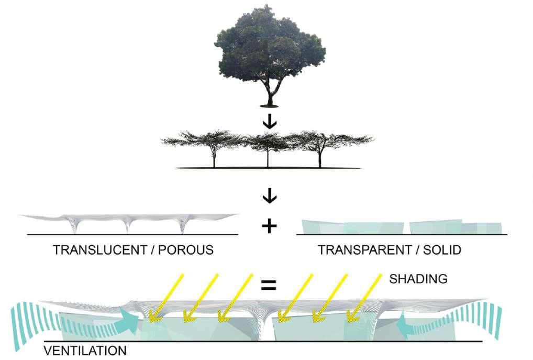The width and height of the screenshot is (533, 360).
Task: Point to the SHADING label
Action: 418,279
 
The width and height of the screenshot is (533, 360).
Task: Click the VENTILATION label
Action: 85,350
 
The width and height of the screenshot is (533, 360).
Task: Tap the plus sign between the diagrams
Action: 268,226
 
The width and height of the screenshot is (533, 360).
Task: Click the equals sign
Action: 268,286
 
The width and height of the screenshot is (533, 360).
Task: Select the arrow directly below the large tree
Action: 271,123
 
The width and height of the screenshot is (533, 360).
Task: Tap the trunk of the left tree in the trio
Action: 214,157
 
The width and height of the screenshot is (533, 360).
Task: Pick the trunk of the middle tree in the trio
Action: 268,157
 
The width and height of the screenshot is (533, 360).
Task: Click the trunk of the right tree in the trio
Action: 319,157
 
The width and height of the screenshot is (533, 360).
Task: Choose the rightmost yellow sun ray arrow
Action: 366,297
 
